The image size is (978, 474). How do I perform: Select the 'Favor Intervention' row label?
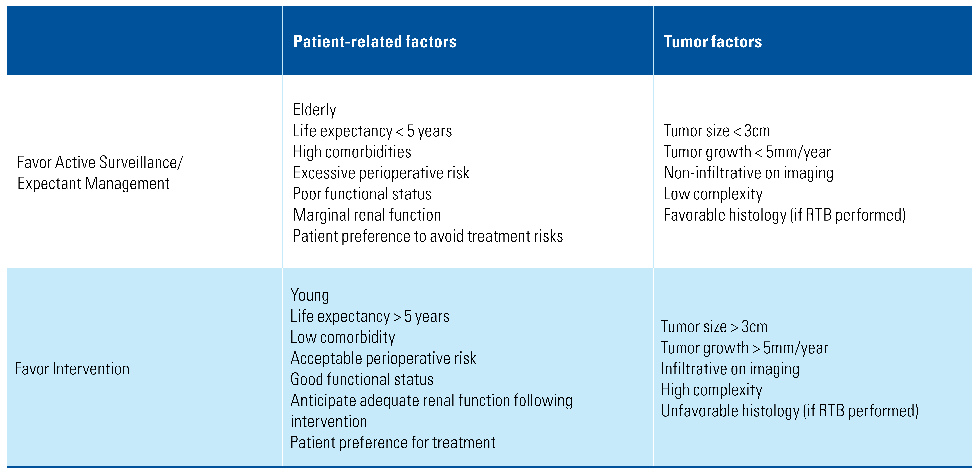[x=72, y=369]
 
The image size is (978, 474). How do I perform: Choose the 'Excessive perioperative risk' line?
[x=381, y=173]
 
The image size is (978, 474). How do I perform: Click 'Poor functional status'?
[x=362, y=194]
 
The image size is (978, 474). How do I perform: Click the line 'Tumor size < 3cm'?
[x=717, y=131]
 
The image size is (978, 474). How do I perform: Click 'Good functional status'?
[x=362, y=379]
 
